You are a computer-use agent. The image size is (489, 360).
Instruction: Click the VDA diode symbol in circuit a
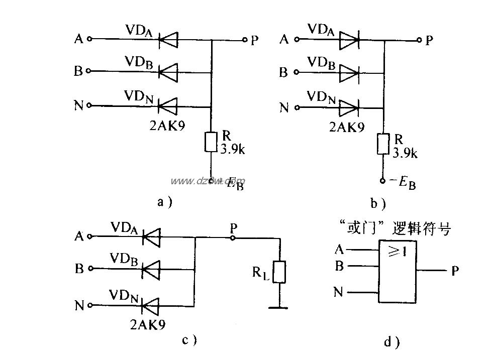(167, 39)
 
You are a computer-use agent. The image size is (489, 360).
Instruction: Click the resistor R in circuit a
(211, 143)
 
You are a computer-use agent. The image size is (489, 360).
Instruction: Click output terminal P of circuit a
(244, 39)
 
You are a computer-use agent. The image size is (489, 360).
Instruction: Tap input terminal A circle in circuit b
(297, 39)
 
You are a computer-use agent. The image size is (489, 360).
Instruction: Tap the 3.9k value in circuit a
(232, 149)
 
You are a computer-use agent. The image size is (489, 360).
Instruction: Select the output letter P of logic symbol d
(455, 271)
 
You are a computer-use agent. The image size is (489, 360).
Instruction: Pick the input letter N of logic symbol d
(339, 292)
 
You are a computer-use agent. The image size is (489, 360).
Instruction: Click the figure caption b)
(378, 203)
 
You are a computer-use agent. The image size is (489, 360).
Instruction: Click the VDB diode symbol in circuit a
(167, 72)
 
